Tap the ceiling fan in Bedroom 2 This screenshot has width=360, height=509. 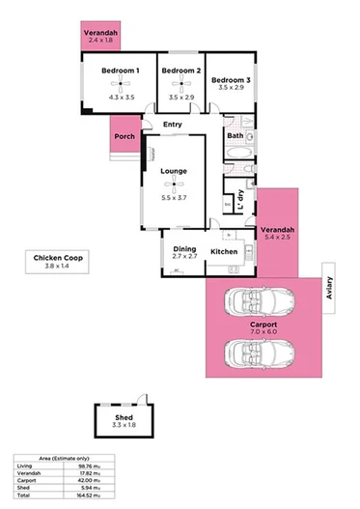click(181, 85)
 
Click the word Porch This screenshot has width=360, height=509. click(125, 136)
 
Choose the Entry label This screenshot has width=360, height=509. click(173, 125)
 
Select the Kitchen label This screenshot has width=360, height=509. click(224, 252)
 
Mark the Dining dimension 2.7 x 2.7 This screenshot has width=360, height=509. click(184, 258)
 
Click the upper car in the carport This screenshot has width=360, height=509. click(257, 303)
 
